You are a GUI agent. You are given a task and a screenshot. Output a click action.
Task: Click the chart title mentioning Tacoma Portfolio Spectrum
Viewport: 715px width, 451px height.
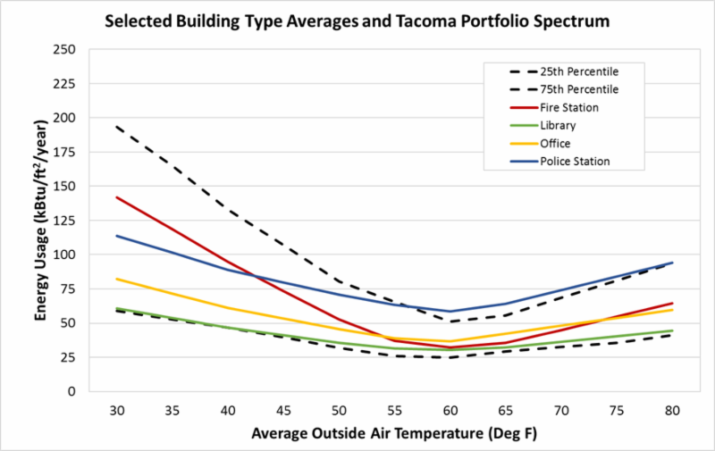coord(357,19)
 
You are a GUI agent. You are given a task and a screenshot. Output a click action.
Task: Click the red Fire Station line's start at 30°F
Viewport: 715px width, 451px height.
coord(116,197)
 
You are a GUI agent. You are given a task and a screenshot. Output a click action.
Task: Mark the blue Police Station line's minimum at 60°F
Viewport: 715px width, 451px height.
coord(450,311)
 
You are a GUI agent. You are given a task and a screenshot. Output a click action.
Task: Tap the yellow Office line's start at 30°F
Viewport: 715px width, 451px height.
coord(116,279)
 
